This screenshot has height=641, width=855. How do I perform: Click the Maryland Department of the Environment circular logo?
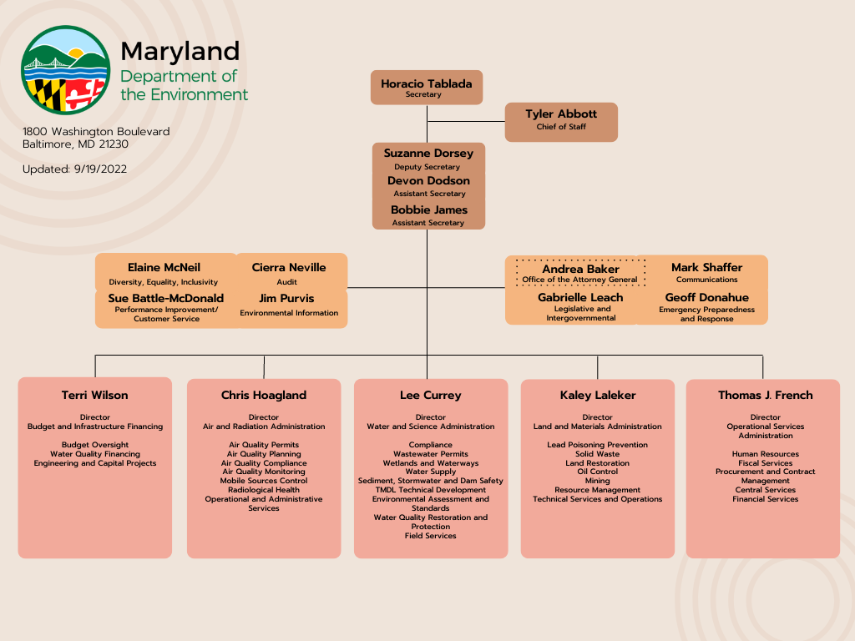click(x=65, y=70)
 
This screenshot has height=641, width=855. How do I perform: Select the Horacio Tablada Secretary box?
click(x=427, y=88)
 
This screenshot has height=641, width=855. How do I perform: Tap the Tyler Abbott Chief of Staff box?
click(x=561, y=122)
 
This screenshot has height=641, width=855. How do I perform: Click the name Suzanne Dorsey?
click(x=428, y=154)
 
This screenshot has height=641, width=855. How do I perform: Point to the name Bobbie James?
click(x=428, y=210)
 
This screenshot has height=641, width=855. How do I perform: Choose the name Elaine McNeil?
click(x=164, y=268)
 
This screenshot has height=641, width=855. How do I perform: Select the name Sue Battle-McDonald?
click(x=166, y=298)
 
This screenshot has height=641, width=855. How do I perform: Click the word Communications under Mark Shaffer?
click(x=706, y=280)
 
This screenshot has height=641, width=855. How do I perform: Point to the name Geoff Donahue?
click(x=706, y=298)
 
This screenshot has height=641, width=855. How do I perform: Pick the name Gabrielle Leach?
click(x=580, y=298)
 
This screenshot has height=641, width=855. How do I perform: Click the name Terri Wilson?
click(x=95, y=396)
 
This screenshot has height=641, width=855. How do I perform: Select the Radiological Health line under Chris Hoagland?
click(x=264, y=490)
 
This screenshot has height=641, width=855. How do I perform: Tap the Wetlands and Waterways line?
click(x=431, y=463)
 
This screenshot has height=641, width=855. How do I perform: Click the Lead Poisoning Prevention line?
click(x=598, y=445)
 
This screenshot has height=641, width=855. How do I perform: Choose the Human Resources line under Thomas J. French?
click(x=766, y=454)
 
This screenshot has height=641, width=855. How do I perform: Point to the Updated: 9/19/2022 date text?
click(x=75, y=169)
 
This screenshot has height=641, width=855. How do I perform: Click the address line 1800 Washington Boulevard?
click(x=96, y=132)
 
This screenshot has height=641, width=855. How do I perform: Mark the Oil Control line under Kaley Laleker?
click(x=598, y=472)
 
